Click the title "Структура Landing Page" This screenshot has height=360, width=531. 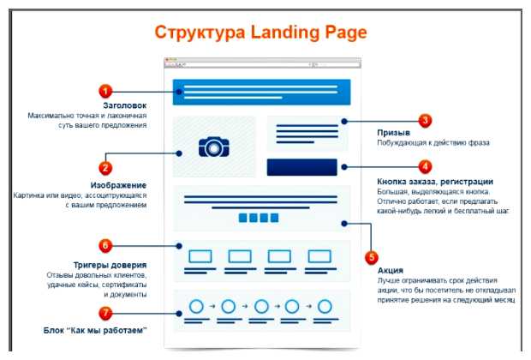pyautogui.click(x=260, y=33)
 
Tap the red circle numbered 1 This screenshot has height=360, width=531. pyautogui.click(x=105, y=91)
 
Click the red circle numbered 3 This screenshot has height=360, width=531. pyautogui.click(x=425, y=121)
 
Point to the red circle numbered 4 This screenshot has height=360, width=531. pyautogui.click(x=425, y=166)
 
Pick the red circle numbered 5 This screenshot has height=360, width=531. pyautogui.click(x=371, y=255)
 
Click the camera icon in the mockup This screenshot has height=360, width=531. pyautogui.click(x=212, y=147)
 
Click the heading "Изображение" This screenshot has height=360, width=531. pyautogui.click(x=118, y=185)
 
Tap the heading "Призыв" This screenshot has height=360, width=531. pyautogui.click(x=393, y=134)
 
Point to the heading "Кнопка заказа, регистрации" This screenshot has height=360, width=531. pyautogui.click(x=434, y=181)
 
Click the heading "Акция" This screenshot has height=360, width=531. pyautogui.click(x=390, y=270)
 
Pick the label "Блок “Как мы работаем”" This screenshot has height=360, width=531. pyautogui.click(x=95, y=330)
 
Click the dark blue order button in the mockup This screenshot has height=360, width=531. pyautogui.click(x=302, y=167)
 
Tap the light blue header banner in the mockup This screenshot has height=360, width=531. pyautogui.click(x=261, y=92)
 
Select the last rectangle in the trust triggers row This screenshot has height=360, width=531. pyautogui.click(x=320, y=255)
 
